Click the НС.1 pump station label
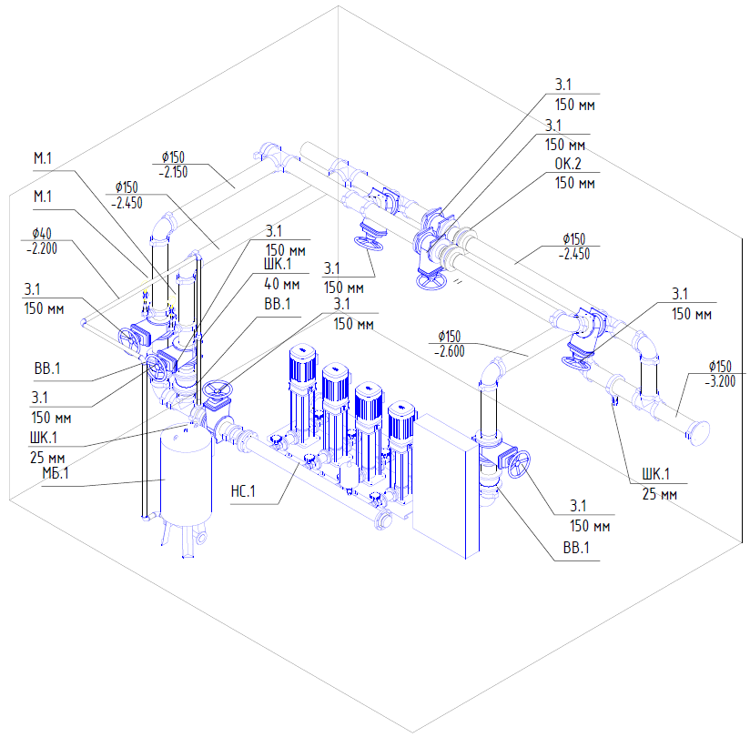click(243, 491)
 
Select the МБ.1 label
click(56, 473)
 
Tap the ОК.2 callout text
click(568, 164)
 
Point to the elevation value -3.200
click(720, 381)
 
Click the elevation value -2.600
click(449, 351)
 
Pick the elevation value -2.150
click(173, 172)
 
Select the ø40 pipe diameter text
click(42, 234)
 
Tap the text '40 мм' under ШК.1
click(282, 284)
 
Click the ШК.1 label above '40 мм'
click(278, 264)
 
